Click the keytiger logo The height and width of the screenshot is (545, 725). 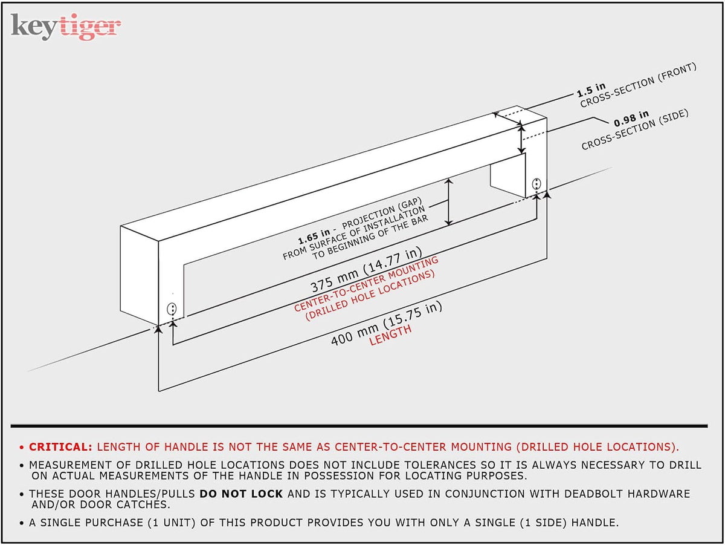pos(66,27)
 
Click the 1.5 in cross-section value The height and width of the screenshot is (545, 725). pos(591,90)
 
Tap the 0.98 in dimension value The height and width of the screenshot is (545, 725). pos(631,119)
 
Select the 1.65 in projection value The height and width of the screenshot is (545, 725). pos(314,236)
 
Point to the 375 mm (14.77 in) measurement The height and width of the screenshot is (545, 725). pos(366,270)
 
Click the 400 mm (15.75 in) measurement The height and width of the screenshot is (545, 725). pos(386,324)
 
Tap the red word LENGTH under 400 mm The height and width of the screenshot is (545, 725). pos(390,335)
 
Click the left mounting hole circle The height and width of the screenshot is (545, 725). pos(172,309)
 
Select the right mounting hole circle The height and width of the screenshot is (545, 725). pos(536,183)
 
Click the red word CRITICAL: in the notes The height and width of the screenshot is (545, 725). pos(61,447)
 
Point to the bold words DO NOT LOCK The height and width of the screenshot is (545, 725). pos(241,494)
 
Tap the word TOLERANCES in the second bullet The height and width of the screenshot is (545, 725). pos(440,465)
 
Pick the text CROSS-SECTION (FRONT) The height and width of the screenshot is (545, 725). pos(639,85)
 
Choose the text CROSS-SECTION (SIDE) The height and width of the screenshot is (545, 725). pos(635,129)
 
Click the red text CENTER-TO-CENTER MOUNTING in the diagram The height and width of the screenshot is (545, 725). pos(366,284)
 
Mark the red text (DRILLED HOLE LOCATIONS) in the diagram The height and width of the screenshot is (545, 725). pos(370,295)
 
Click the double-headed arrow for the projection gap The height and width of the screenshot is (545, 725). pos(448,202)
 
